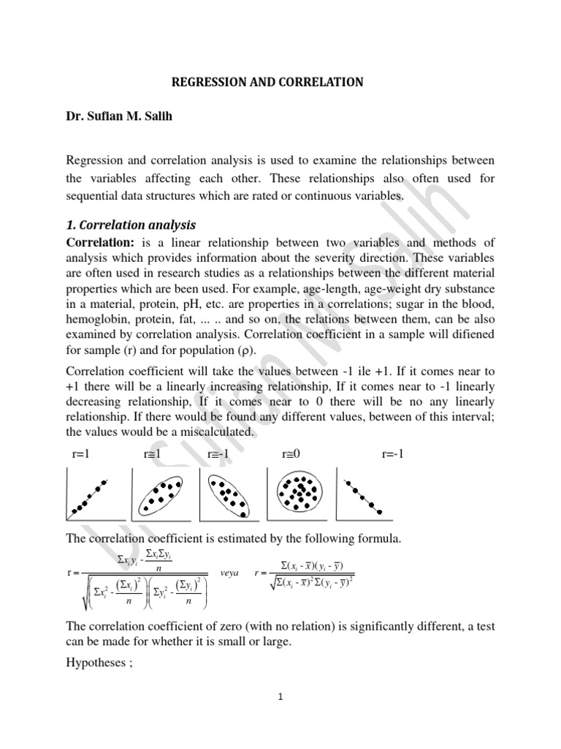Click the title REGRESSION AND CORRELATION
(267, 83)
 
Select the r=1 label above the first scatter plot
(80, 454)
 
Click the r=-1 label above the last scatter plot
(392, 454)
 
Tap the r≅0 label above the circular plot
(291, 454)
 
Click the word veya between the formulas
(229, 574)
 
